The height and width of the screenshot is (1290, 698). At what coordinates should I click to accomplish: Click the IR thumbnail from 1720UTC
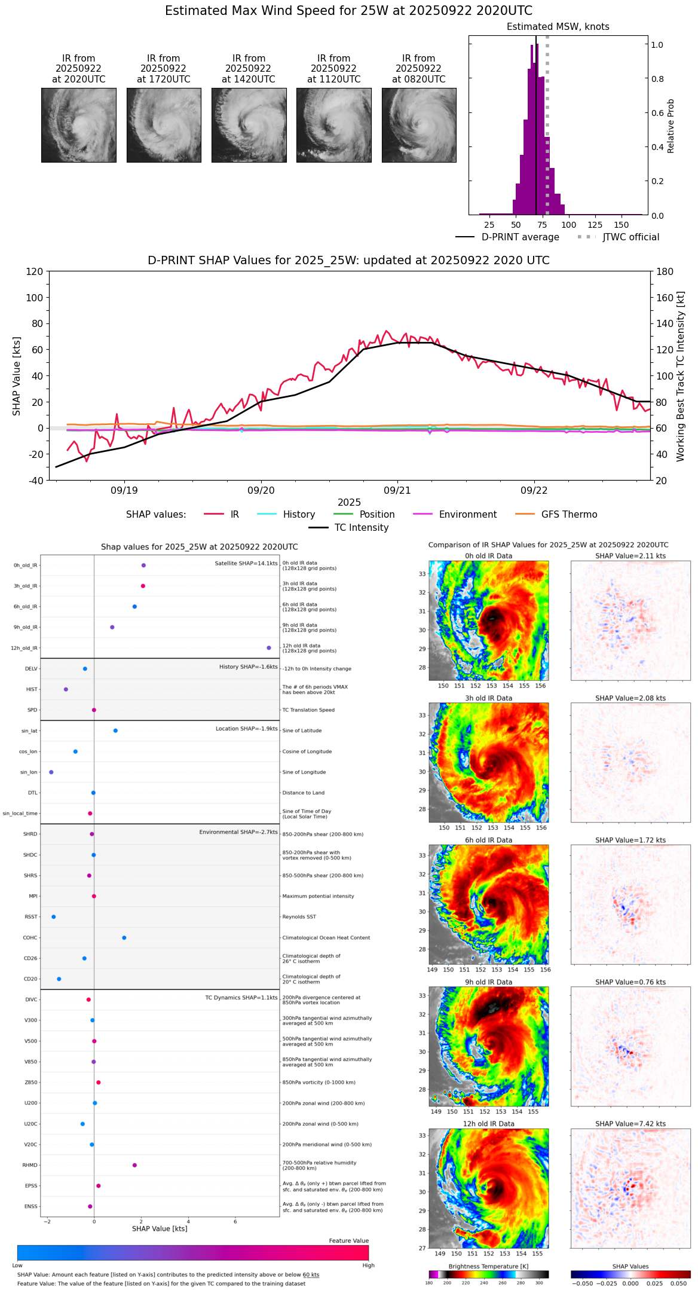click(x=164, y=125)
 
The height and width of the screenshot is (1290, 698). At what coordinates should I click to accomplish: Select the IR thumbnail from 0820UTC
click(x=419, y=125)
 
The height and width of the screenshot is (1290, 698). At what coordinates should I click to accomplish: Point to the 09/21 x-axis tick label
click(x=397, y=490)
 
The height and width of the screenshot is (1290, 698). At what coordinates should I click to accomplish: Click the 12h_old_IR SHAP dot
click(x=269, y=648)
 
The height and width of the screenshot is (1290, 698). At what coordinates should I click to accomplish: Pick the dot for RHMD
click(x=134, y=1165)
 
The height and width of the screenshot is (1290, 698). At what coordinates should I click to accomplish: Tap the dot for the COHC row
click(x=124, y=938)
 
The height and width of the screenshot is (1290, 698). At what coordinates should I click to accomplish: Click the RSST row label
click(x=31, y=917)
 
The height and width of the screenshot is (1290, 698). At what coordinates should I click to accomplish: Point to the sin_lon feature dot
click(x=51, y=772)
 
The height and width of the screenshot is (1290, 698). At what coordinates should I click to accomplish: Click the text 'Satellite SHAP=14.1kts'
click(x=246, y=564)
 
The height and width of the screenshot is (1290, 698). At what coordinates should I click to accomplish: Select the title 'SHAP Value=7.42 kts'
click(x=630, y=1124)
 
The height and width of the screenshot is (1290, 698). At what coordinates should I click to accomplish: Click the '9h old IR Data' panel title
click(x=488, y=982)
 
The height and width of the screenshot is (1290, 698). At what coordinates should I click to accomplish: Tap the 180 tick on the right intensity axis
click(x=665, y=272)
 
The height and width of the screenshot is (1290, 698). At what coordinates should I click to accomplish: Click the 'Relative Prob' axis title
click(x=671, y=126)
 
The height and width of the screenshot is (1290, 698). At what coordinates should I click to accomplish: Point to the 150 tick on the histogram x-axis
click(x=622, y=225)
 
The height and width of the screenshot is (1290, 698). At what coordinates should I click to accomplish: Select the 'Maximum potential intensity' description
click(x=318, y=897)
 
